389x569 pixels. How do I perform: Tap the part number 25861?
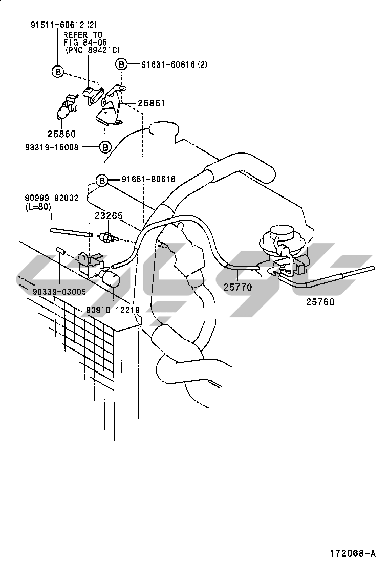tap(152, 103)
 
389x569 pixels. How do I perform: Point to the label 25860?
tap(61, 134)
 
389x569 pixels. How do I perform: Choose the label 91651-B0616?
tap(148, 179)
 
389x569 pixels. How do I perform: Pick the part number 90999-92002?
tap(52, 198)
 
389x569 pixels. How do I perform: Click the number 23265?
tap(109, 216)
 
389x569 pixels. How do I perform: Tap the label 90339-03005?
tap(59, 291)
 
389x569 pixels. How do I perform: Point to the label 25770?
tap(237, 288)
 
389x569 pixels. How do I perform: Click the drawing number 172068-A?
tap(352, 553)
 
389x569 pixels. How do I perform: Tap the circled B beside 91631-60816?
tap(121, 64)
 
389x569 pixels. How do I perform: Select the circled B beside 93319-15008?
tap(105, 147)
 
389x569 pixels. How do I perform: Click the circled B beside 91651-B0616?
tap(102, 180)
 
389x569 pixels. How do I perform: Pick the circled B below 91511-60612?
tap(58, 73)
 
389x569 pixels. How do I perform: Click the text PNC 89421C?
tap(92, 50)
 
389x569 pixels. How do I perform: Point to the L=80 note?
tap(37, 207)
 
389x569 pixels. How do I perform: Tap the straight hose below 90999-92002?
tap(71, 232)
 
